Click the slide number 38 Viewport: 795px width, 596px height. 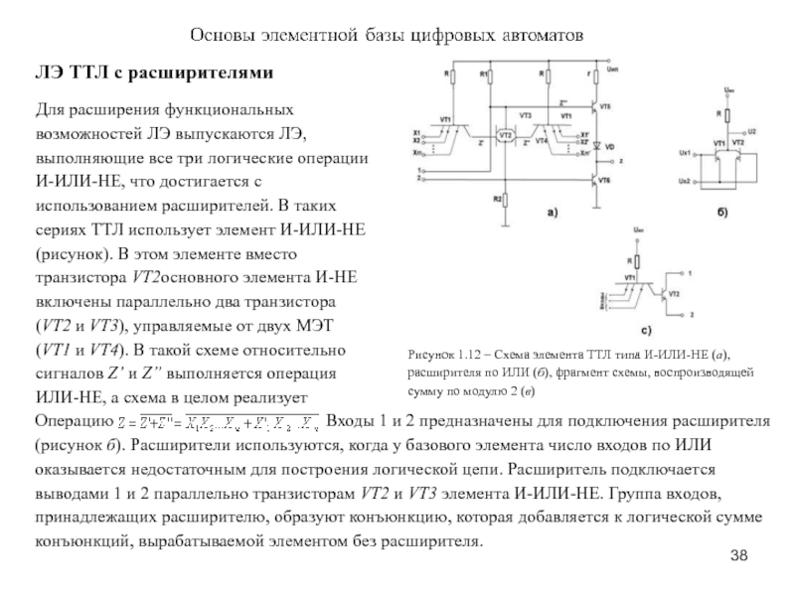pos(737,552)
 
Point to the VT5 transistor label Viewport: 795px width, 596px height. pos(606,105)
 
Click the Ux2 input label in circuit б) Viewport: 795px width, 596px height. pos(684,181)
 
